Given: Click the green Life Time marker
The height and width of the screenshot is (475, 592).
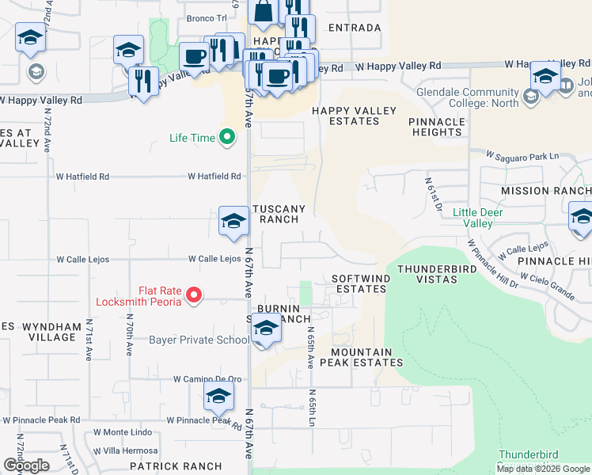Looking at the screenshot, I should click(x=227, y=138).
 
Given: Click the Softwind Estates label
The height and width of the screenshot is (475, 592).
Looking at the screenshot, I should click(x=359, y=284).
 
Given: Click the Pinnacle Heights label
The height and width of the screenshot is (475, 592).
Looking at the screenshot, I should click(x=437, y=127).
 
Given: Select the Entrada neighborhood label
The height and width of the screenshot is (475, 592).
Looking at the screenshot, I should click(x=354, y=28).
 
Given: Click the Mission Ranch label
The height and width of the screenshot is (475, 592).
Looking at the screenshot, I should click(x=546, y=191).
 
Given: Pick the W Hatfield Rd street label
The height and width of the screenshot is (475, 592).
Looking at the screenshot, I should click(x=214, y=177).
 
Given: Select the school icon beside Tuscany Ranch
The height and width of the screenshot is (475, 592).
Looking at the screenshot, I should click(x=234, y=222).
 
